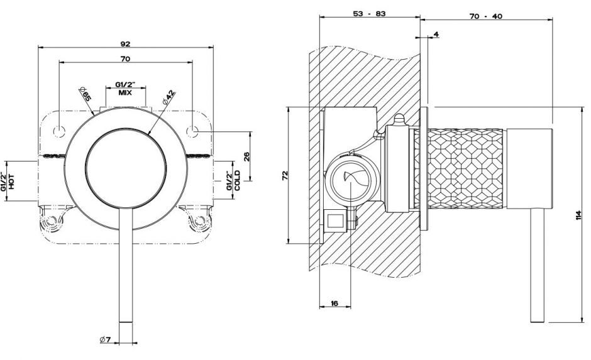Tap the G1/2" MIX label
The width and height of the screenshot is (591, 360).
click(124, 88)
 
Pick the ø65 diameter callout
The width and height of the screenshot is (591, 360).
click(86, 95)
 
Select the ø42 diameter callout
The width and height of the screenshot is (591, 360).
click(168, 98)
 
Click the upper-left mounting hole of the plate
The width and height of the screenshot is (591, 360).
click(60, 131)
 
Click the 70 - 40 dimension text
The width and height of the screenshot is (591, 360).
click(485, 14)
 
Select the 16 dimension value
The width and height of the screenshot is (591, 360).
click(334, 303)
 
